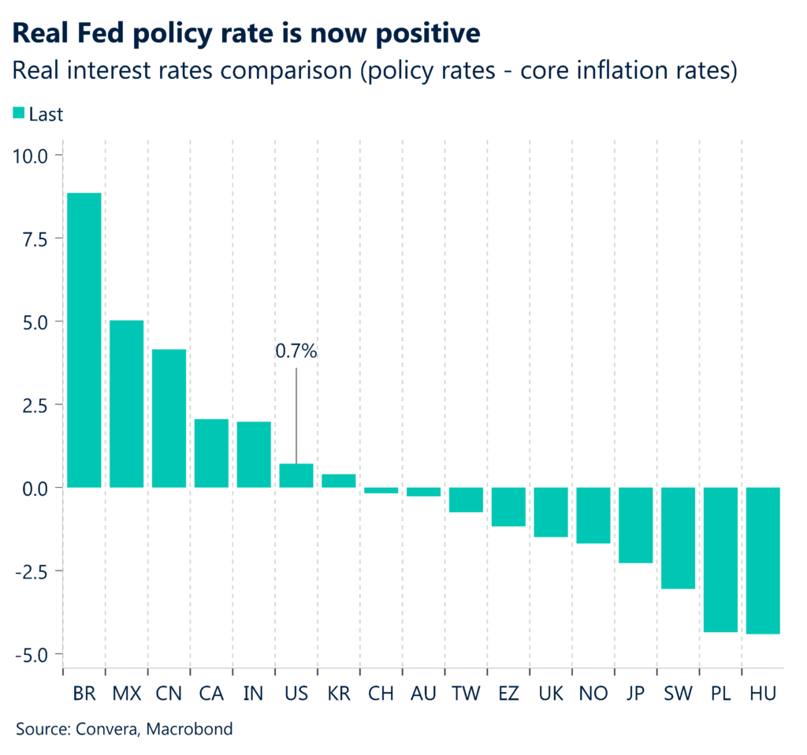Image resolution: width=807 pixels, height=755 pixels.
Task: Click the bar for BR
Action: coord(84,340)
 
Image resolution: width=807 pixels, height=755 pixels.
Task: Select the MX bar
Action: coord(126,404)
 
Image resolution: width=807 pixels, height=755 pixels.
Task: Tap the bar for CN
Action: coord(169,418)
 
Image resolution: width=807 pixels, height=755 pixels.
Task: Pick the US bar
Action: coord(296,476)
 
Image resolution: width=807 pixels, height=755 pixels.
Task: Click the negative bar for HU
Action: coord(763,560)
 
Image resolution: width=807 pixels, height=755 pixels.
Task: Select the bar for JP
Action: coord(635,525)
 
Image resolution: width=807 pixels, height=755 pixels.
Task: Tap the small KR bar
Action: coord(339,481)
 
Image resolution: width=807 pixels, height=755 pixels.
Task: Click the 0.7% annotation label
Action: coord(296,351)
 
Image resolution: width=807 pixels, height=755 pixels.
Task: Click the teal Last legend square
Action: coord(18,114)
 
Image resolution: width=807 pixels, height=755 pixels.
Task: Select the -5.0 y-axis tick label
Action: coord(29,654)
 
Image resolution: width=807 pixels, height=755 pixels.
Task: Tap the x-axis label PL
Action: coord(720,694)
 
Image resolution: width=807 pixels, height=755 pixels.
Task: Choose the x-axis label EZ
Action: coord(508,694)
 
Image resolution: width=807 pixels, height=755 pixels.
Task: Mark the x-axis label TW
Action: coord(465,694)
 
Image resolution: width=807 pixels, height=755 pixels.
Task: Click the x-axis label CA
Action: coord(211,694)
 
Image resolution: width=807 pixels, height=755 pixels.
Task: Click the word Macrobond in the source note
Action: coord(195,729)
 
